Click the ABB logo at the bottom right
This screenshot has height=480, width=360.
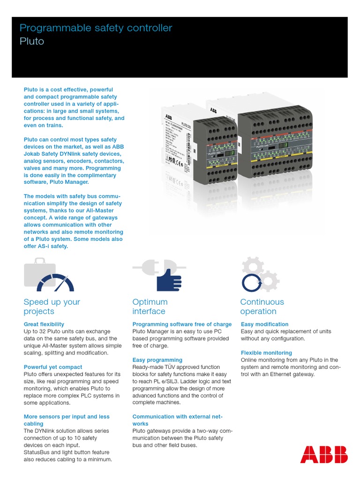coord(324,454)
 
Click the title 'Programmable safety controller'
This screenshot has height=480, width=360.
coord(96,28)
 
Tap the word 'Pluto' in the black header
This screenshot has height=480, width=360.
coord(32,41)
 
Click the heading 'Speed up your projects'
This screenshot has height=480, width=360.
coord(52,307)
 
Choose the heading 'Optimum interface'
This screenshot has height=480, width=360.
coord(150,307)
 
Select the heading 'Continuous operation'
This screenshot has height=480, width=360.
coord(262,307)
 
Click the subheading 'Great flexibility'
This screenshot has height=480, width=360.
coord(44,324)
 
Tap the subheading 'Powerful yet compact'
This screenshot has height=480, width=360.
coord(52,367)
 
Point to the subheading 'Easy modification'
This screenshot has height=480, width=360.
coord(264,324)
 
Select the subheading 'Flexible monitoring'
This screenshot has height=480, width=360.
coord(266,353)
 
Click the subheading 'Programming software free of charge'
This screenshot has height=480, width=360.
coord(182,324)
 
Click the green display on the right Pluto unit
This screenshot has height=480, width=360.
coord(284,145)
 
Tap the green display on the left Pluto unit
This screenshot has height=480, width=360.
coord(230,153)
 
